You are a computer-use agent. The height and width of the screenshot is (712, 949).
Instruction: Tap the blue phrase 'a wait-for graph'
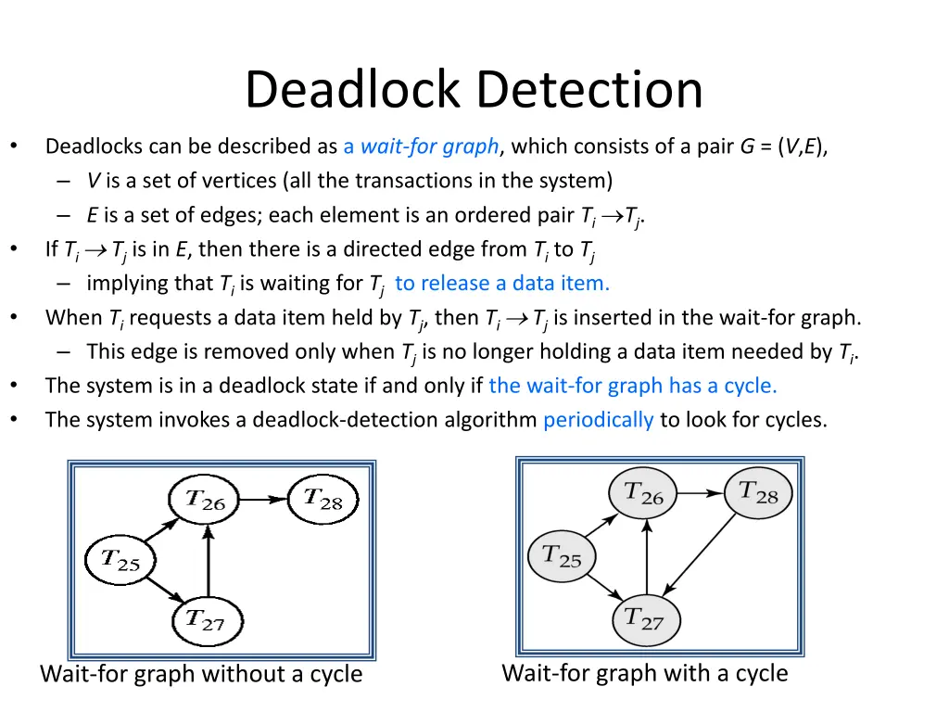click(x=422, y=146)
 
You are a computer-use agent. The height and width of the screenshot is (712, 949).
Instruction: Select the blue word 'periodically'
click(x=599, y=420)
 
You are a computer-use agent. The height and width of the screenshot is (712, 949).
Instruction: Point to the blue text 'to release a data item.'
click(x=502, y=283)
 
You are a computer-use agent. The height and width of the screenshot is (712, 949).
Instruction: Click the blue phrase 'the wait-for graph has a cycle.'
click(x=633, y=386)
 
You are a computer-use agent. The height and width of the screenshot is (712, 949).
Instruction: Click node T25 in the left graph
click(x=120, y=560)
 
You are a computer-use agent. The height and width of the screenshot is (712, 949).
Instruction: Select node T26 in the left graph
click(x=205, y=501)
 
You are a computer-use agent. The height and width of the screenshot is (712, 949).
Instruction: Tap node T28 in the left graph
click(x=323, y=499)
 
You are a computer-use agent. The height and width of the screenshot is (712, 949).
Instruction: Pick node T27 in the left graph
click(x=206, y=620)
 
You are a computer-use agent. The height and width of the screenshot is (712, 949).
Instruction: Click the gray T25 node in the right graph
click(x=562, y=556)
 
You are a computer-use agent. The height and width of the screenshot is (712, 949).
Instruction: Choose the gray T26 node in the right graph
click(x=643, y=494)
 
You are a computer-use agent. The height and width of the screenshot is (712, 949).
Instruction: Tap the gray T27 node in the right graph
click(x=646, y=618)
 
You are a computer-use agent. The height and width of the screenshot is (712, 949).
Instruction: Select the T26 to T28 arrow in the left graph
click(x=263, y=499)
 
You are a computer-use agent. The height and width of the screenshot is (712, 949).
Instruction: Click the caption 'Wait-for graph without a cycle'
click(x=201, y=674)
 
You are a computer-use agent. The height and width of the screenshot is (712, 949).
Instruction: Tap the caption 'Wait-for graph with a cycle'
click(x=645, y=673)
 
